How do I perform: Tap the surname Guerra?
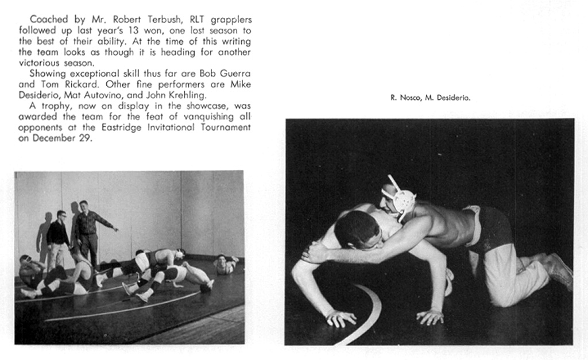click(237, 73)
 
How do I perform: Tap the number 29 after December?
click(85, 138)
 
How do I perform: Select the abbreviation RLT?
click(206, 20)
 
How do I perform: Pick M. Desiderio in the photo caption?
click(448, 98)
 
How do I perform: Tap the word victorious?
click(42, 63)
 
